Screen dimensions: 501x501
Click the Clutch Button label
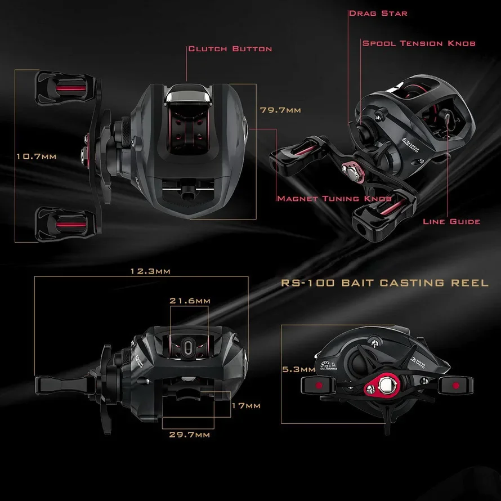pos(230,49)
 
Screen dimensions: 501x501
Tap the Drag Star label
pos(378,13)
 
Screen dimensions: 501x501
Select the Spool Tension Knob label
pos(419,43)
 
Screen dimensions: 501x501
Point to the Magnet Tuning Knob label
pos(334,199)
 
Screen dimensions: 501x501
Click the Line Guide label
pos(451,221)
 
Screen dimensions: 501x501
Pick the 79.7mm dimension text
pos(280,110)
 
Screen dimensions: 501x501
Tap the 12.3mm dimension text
pos(150,271)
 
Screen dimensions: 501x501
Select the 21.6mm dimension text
pos(190,301)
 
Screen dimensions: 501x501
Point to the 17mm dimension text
pos(246,405)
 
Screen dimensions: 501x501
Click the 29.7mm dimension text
pos(190,435)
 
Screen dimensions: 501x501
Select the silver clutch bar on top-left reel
pos(189,97)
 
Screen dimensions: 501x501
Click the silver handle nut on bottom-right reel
pos(386,386)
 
